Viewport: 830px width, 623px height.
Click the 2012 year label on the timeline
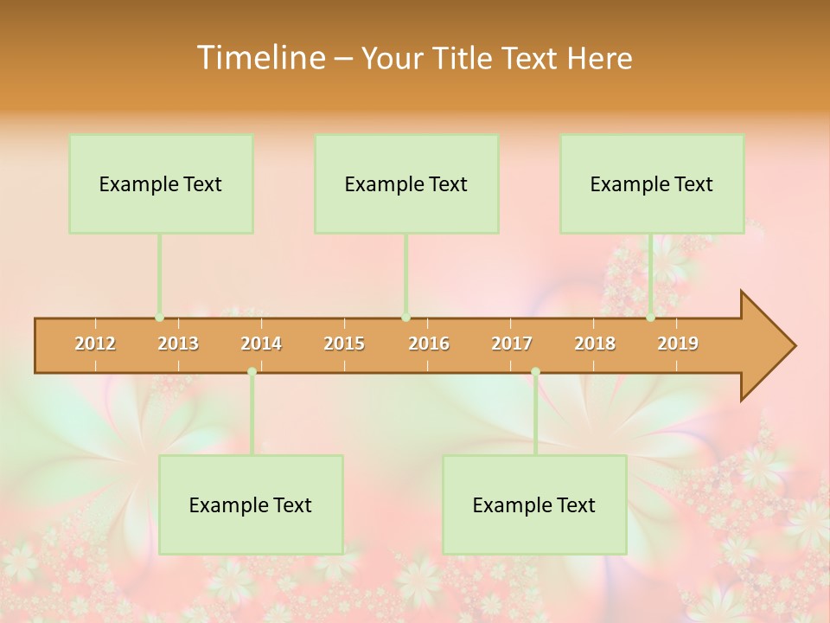95,344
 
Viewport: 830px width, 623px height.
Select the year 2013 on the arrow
178,344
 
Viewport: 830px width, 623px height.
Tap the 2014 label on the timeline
261,344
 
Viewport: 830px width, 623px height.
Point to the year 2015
344,344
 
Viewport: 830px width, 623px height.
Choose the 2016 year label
429,344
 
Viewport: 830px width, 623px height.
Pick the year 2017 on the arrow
512,344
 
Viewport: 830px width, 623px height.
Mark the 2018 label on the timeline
595,344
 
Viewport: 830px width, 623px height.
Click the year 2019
678,344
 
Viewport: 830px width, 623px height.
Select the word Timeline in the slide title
259,58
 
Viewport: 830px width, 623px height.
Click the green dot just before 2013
160,318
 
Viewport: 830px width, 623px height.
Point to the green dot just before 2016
405,318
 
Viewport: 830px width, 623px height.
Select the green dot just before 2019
651,318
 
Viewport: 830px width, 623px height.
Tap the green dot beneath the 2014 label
252,372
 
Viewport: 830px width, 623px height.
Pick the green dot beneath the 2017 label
535,372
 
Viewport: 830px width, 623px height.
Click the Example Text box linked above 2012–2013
161,183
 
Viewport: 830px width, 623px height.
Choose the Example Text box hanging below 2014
251,504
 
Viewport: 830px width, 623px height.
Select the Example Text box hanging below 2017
534,504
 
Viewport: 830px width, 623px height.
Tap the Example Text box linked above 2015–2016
406,183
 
